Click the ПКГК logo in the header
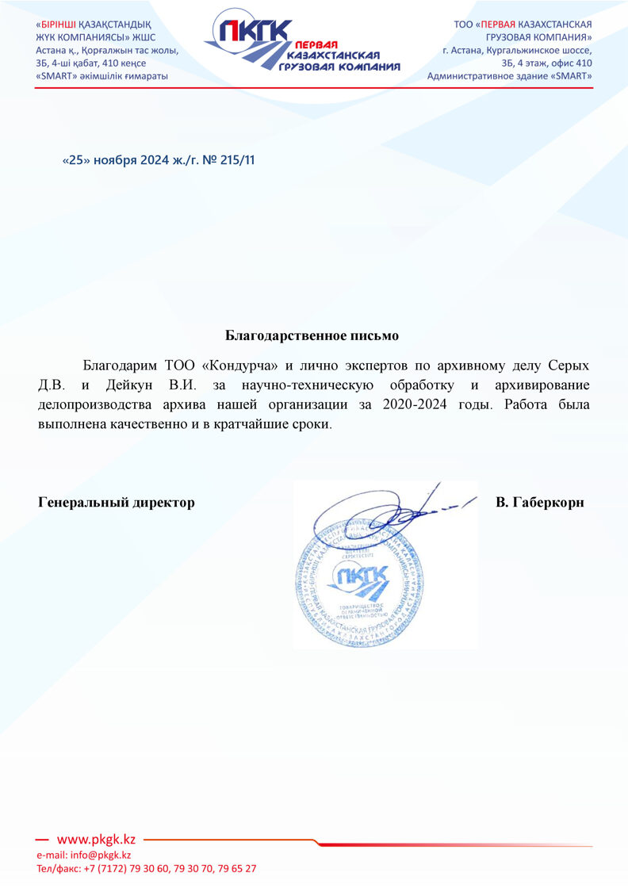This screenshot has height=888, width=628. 301,46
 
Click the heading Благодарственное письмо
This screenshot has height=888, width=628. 312,335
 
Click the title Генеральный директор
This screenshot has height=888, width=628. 117,503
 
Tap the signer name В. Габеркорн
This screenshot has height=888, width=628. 539,503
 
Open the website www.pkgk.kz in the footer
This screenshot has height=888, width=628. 97,840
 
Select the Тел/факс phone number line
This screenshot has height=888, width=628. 147,869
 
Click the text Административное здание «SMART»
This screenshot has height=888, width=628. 509,76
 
